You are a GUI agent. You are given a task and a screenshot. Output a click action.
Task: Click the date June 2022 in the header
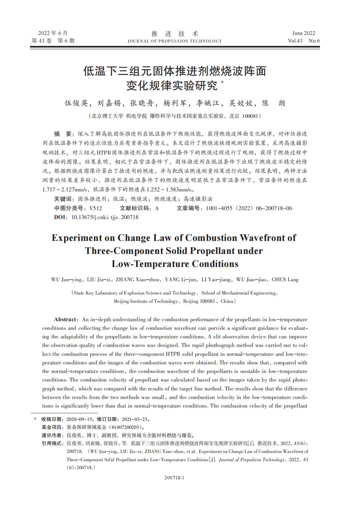click(303, 33)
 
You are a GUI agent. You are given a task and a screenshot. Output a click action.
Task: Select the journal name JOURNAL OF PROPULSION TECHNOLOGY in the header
click(175, 41)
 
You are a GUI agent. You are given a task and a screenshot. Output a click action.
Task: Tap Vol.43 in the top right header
click(295, 41)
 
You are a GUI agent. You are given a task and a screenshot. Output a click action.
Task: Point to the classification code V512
click(96, 208)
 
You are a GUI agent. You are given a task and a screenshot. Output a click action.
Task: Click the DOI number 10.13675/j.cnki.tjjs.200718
click(105, 217)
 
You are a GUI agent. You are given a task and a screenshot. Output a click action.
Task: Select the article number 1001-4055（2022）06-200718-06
click(249, 208)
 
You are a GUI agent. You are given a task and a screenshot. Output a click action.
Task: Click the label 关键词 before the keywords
click(63, 199)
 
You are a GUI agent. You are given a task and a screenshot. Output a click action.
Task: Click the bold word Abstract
click(65, 319)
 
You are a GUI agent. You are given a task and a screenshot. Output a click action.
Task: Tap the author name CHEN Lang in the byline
click(285, 280)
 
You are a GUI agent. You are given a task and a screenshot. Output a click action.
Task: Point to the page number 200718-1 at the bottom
click(175, 477)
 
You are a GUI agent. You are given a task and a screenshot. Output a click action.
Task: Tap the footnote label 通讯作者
click(53, 435)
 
